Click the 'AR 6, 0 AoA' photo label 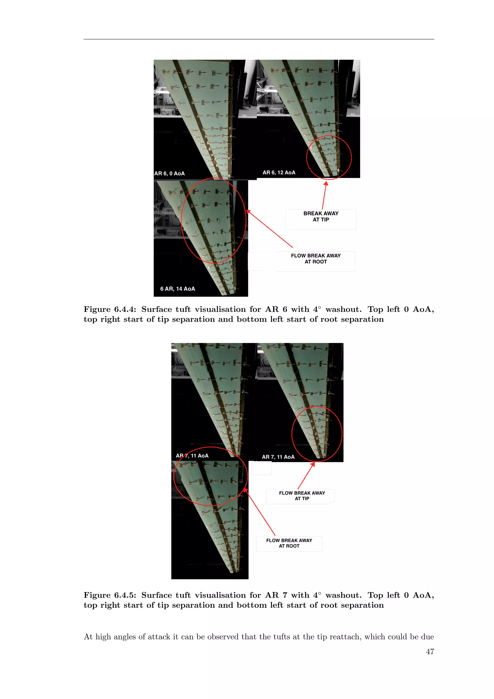169,174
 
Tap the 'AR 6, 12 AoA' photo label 279,173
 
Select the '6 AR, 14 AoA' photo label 178,289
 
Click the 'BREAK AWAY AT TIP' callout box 321,217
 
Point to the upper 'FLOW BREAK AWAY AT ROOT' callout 316,259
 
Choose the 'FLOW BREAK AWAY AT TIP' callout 302,496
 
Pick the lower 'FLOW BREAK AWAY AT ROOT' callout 289,543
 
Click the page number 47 430,651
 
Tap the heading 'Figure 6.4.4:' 110,309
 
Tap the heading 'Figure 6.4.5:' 110,595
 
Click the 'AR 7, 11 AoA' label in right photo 278,457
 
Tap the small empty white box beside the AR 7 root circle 262,468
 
